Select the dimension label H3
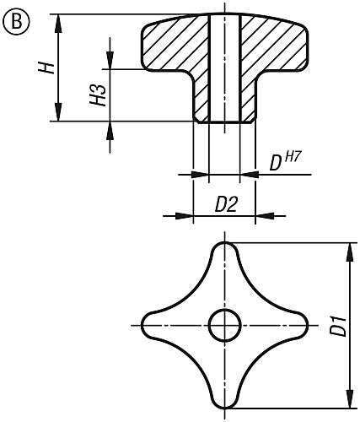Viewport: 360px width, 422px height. click(99, 95)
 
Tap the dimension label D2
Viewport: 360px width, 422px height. click(225, 203)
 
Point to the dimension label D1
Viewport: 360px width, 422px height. click(337, 326)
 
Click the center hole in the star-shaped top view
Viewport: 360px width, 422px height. click(224, 325)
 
